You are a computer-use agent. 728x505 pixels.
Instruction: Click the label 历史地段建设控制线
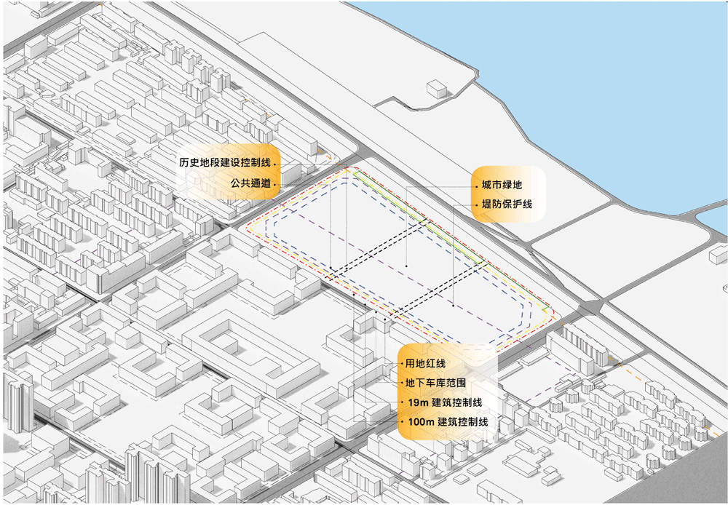tap(226, 163)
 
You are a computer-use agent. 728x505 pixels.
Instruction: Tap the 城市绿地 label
tap(502, 186)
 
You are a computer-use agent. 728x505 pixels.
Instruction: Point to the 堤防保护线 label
tap(507, 204)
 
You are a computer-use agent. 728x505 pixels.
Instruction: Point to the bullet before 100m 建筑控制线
tap(401, 422)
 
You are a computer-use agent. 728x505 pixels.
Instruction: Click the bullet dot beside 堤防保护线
tap(474, 205)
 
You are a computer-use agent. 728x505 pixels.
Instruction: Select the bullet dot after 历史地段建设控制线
tap(275, 164)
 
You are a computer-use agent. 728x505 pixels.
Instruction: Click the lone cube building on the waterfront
tap(435, 88)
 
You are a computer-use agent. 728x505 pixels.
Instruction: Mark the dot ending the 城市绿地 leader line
tap(406, 267)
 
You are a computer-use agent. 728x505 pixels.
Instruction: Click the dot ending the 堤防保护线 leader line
tap(453, 306)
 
